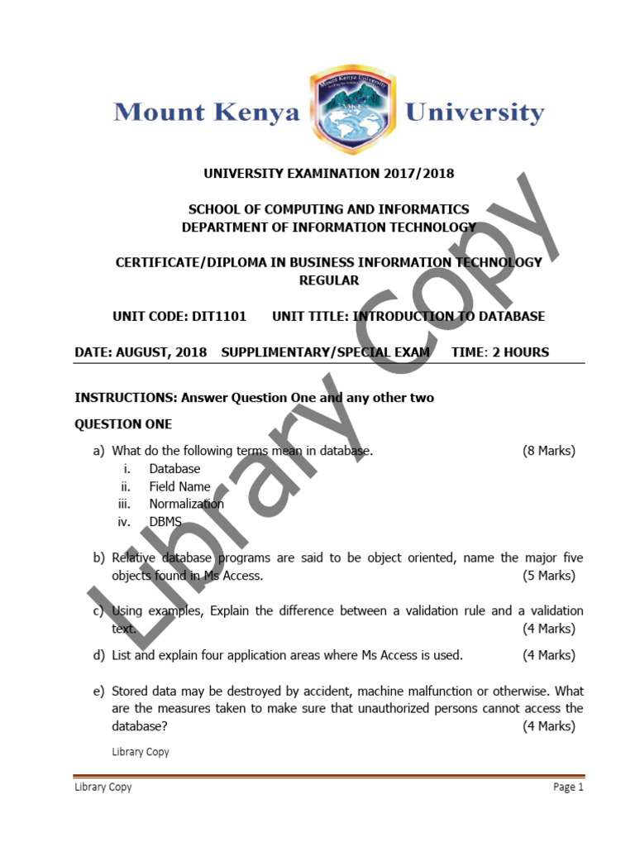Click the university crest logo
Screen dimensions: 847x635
pyautogui.click(x=351, y=111)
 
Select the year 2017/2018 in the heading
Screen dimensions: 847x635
pyautogui.click(x=418, y=174)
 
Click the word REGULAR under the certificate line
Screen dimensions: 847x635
pyautogui.click(x=329, y=280)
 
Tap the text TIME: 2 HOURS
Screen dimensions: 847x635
pyautogui.click(x=500, y=352)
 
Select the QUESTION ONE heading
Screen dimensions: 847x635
pyautogui.click(x=123, y=424)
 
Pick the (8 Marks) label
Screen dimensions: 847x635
pyautogui.click(x=548, y=451)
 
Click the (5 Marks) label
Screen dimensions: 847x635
pyautogui.click(x=548, y=576)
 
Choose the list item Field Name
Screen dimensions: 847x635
pyautogui.click(x=179, y=486)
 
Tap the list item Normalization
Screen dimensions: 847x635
pyautogui.click(x=186, y=504)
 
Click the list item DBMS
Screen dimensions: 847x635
pyautogui.click(x=165, y=522)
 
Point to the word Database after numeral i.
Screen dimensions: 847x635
pyautogui.click(x=174, y=469)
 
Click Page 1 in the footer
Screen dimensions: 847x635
pyautogui.click(x=568, y=787)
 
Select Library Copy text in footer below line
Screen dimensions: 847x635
pyautogui.click(x=103, y=787)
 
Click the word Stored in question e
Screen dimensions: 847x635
pyautogui.click(x=130, y=691)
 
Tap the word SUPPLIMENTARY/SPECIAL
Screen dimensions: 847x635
pyautogui.click(x=326, y=352)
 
